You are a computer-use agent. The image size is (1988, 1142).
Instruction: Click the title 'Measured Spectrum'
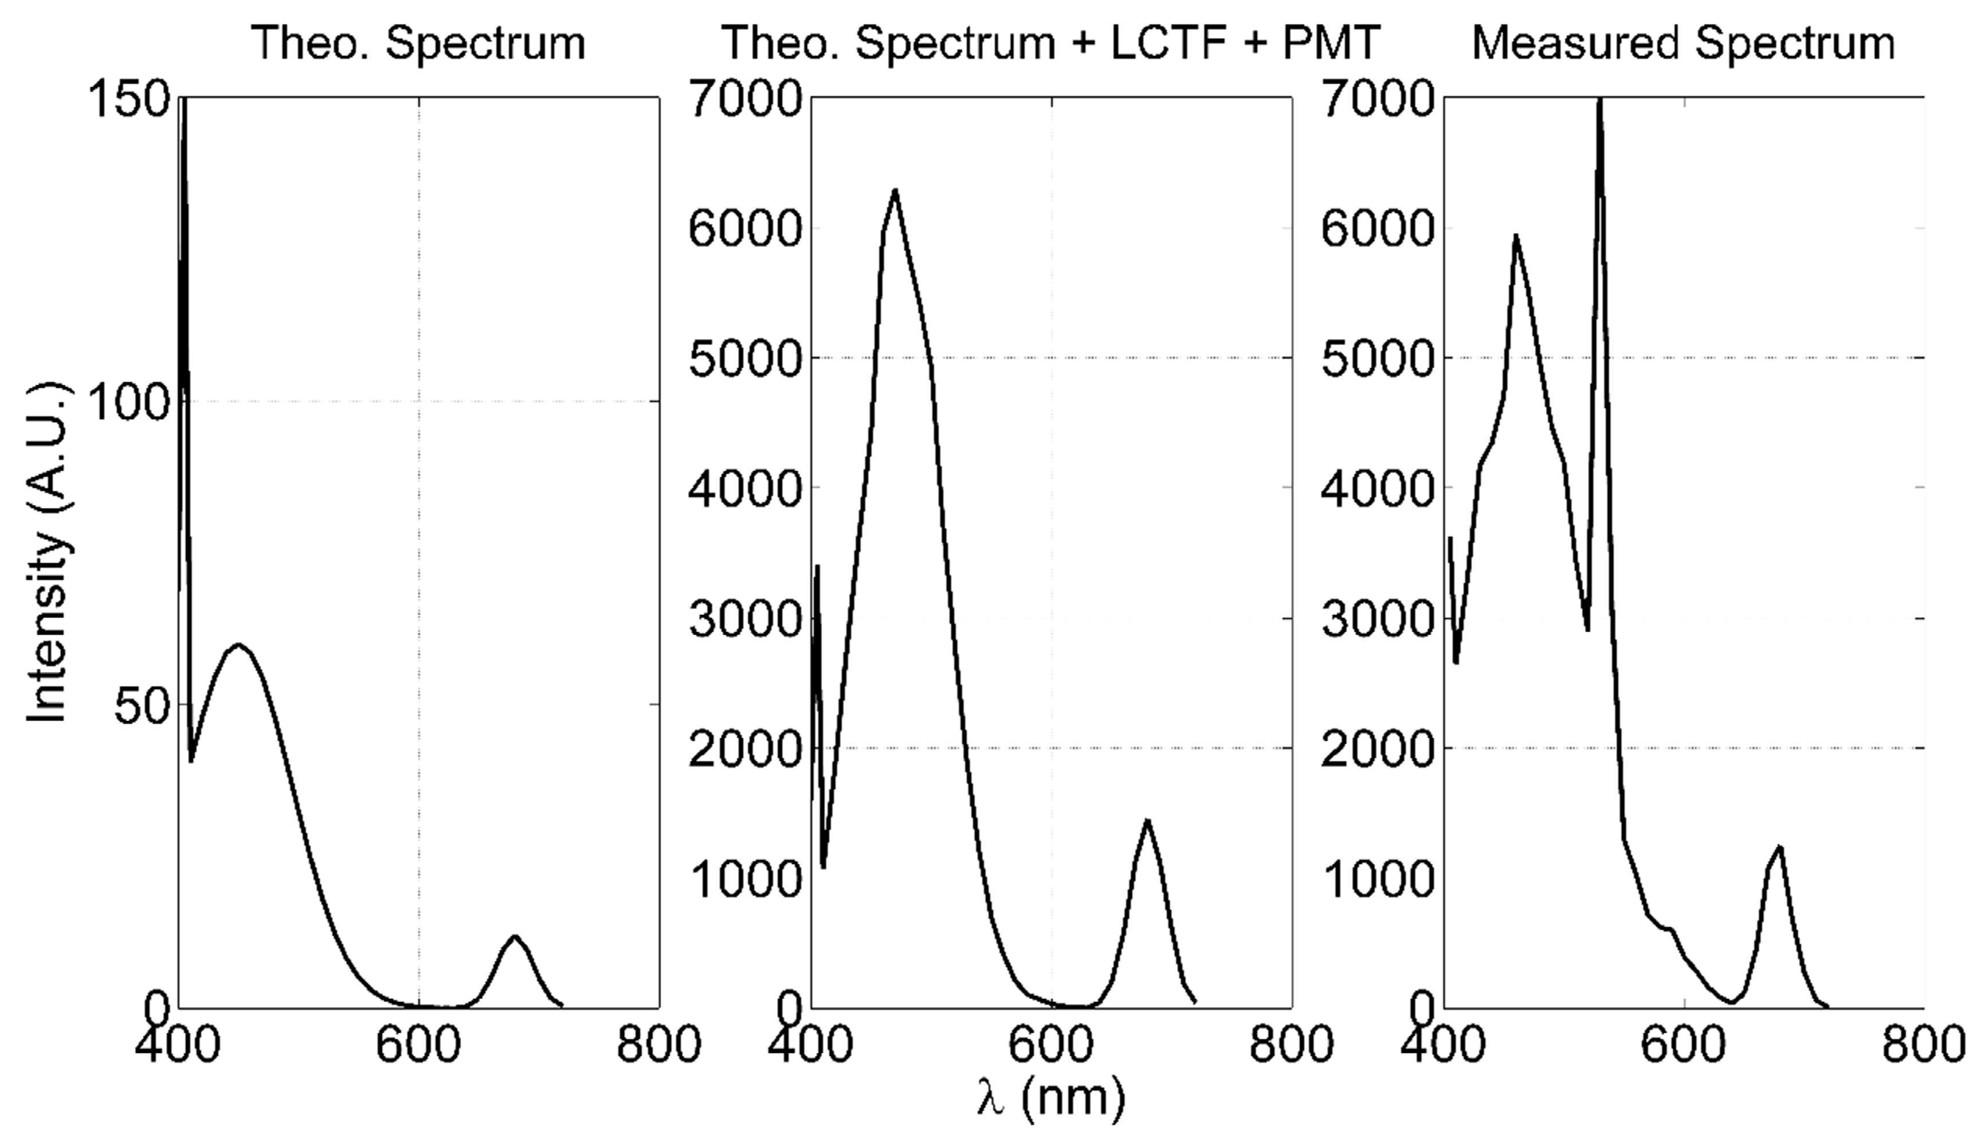click(x=1683, y=42)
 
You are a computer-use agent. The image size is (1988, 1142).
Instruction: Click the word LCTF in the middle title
click(x=1167, y=42)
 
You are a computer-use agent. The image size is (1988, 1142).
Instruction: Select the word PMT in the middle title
click(x=1330, y=42)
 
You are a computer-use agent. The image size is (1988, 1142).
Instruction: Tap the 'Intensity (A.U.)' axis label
click(x=49, y=553)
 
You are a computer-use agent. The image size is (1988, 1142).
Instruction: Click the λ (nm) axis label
click(x=1051, y=1097)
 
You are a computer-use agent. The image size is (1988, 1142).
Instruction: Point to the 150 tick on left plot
click(x=130, y=100)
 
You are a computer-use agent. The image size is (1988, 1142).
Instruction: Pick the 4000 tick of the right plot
click(x=1377, y=488)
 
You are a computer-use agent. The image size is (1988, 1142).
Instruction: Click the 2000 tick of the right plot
click(x=1377, y=749)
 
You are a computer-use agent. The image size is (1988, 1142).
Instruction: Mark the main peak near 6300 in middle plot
click(x=894, y=191)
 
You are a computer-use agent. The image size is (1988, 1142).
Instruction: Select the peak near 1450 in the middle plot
click(x=1147, y=821)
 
